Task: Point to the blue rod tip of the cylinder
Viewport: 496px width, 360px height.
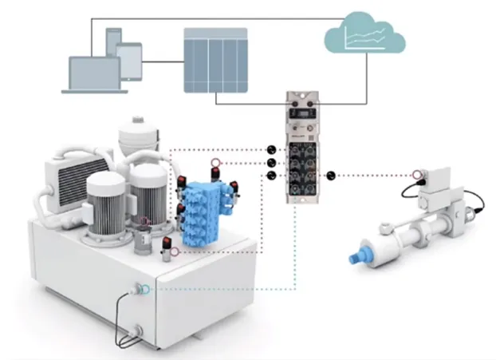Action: click(354, 258)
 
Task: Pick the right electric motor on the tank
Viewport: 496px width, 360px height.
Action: click(149, 195)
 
